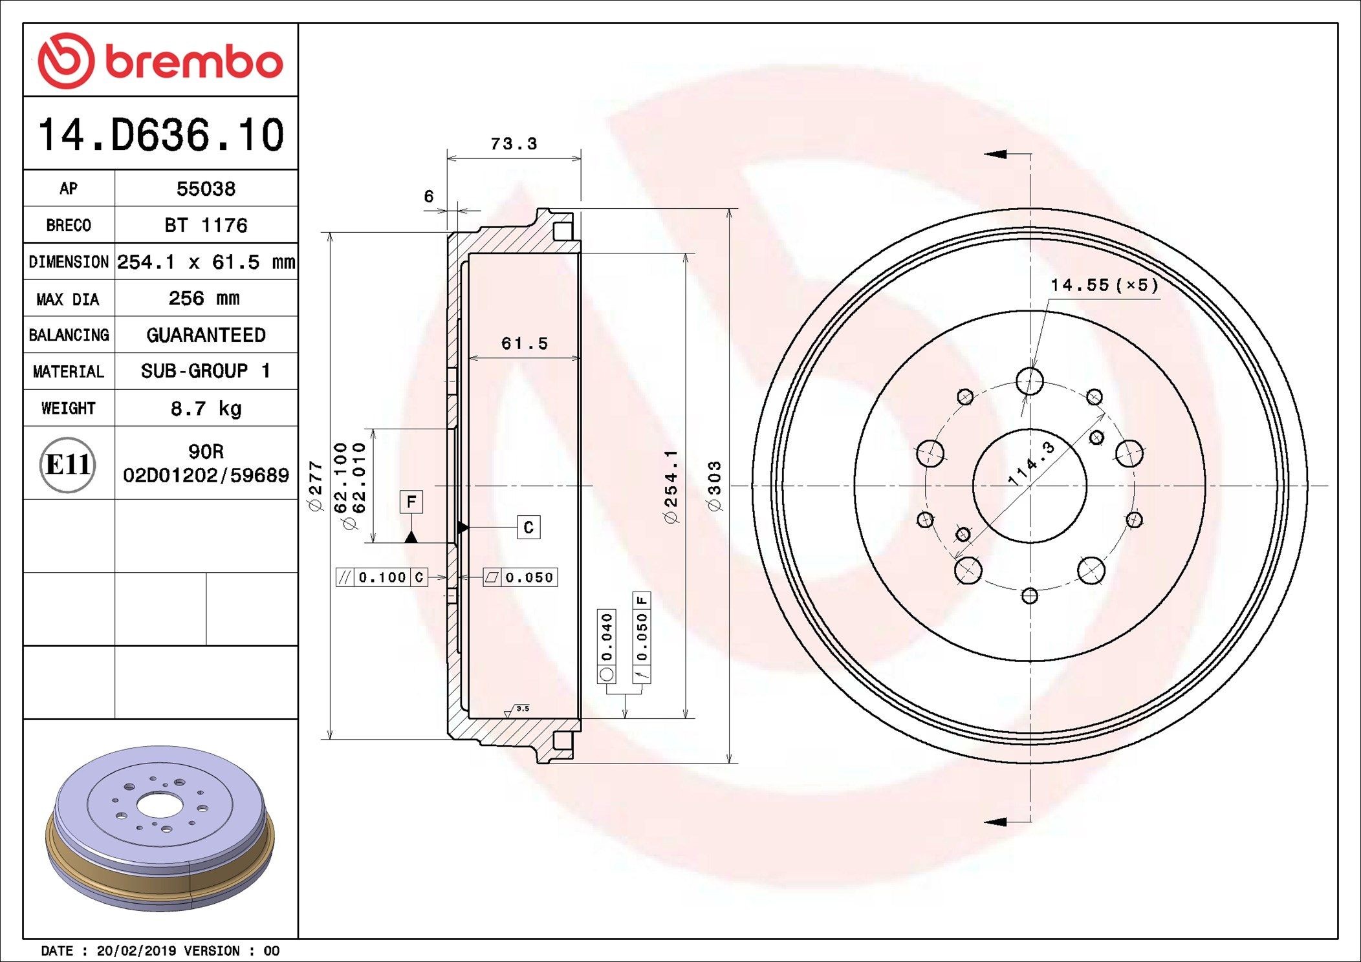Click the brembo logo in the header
pyautogui.click(x=160, y=61)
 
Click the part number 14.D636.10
pyautogui.click(x=160, y=134)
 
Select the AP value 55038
pyautogui.click(x=206, y=189)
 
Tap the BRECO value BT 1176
pyautogui.click(x=206, y=226)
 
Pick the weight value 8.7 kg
pyautogui.click(x=206, y=409)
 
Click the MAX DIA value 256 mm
pyautogui.click(x=204, y=299)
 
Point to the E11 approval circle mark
pyautogui.click(x=68, y=464)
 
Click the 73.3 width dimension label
pyautogui.click(x=514, y=144)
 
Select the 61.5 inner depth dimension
pyautogui.click(x=524, y=343)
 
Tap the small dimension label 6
pyautogui.click(x=428, y=197)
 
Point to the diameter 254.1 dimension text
pyautogui.click(x=671, y=486)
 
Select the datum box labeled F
pyautogui.click(x=411, y=502)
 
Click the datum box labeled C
pyautogui.click(x=528, y=528)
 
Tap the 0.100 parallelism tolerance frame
pyautogui.click(x=382, y=577)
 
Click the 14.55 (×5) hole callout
pyautogui.click(x=1104, y=285)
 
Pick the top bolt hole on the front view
pyautogui.click(x=1030, y=381)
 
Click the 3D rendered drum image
pyautogui.click(x=160, y=828)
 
